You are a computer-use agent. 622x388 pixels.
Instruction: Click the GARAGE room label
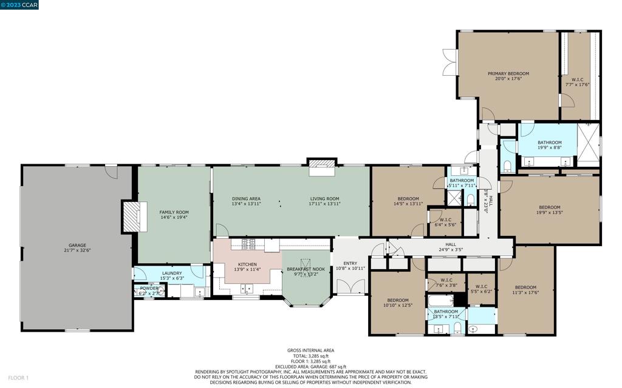pos(77,246)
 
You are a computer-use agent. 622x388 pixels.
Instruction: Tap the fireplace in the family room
pos(132,217)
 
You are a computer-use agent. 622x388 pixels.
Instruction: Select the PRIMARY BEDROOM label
pos(508,74)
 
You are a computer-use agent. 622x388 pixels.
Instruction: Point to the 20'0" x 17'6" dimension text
pos(508,79)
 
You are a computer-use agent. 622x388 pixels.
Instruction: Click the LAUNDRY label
pos(172,273)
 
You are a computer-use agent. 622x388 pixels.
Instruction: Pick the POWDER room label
pos(149,288)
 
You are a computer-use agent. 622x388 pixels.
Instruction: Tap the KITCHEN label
pos(247,264)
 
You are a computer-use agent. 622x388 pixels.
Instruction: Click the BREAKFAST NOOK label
pos(306,269)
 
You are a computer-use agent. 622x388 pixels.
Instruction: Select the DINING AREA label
pos(246,199)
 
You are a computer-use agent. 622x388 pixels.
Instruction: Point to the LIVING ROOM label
pos(324,199)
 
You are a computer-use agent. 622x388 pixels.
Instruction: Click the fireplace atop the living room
pos(322,167)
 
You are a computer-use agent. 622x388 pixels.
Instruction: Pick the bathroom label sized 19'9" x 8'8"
pos(549,142)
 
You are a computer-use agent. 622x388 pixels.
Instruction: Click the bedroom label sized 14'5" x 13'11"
pos(408,199)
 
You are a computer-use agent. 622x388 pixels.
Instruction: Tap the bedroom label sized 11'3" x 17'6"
pos(525,287)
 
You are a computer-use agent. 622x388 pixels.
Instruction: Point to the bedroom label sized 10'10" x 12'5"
pos(398,300)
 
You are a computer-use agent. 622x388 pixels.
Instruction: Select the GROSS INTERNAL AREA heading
pos(310,350)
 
